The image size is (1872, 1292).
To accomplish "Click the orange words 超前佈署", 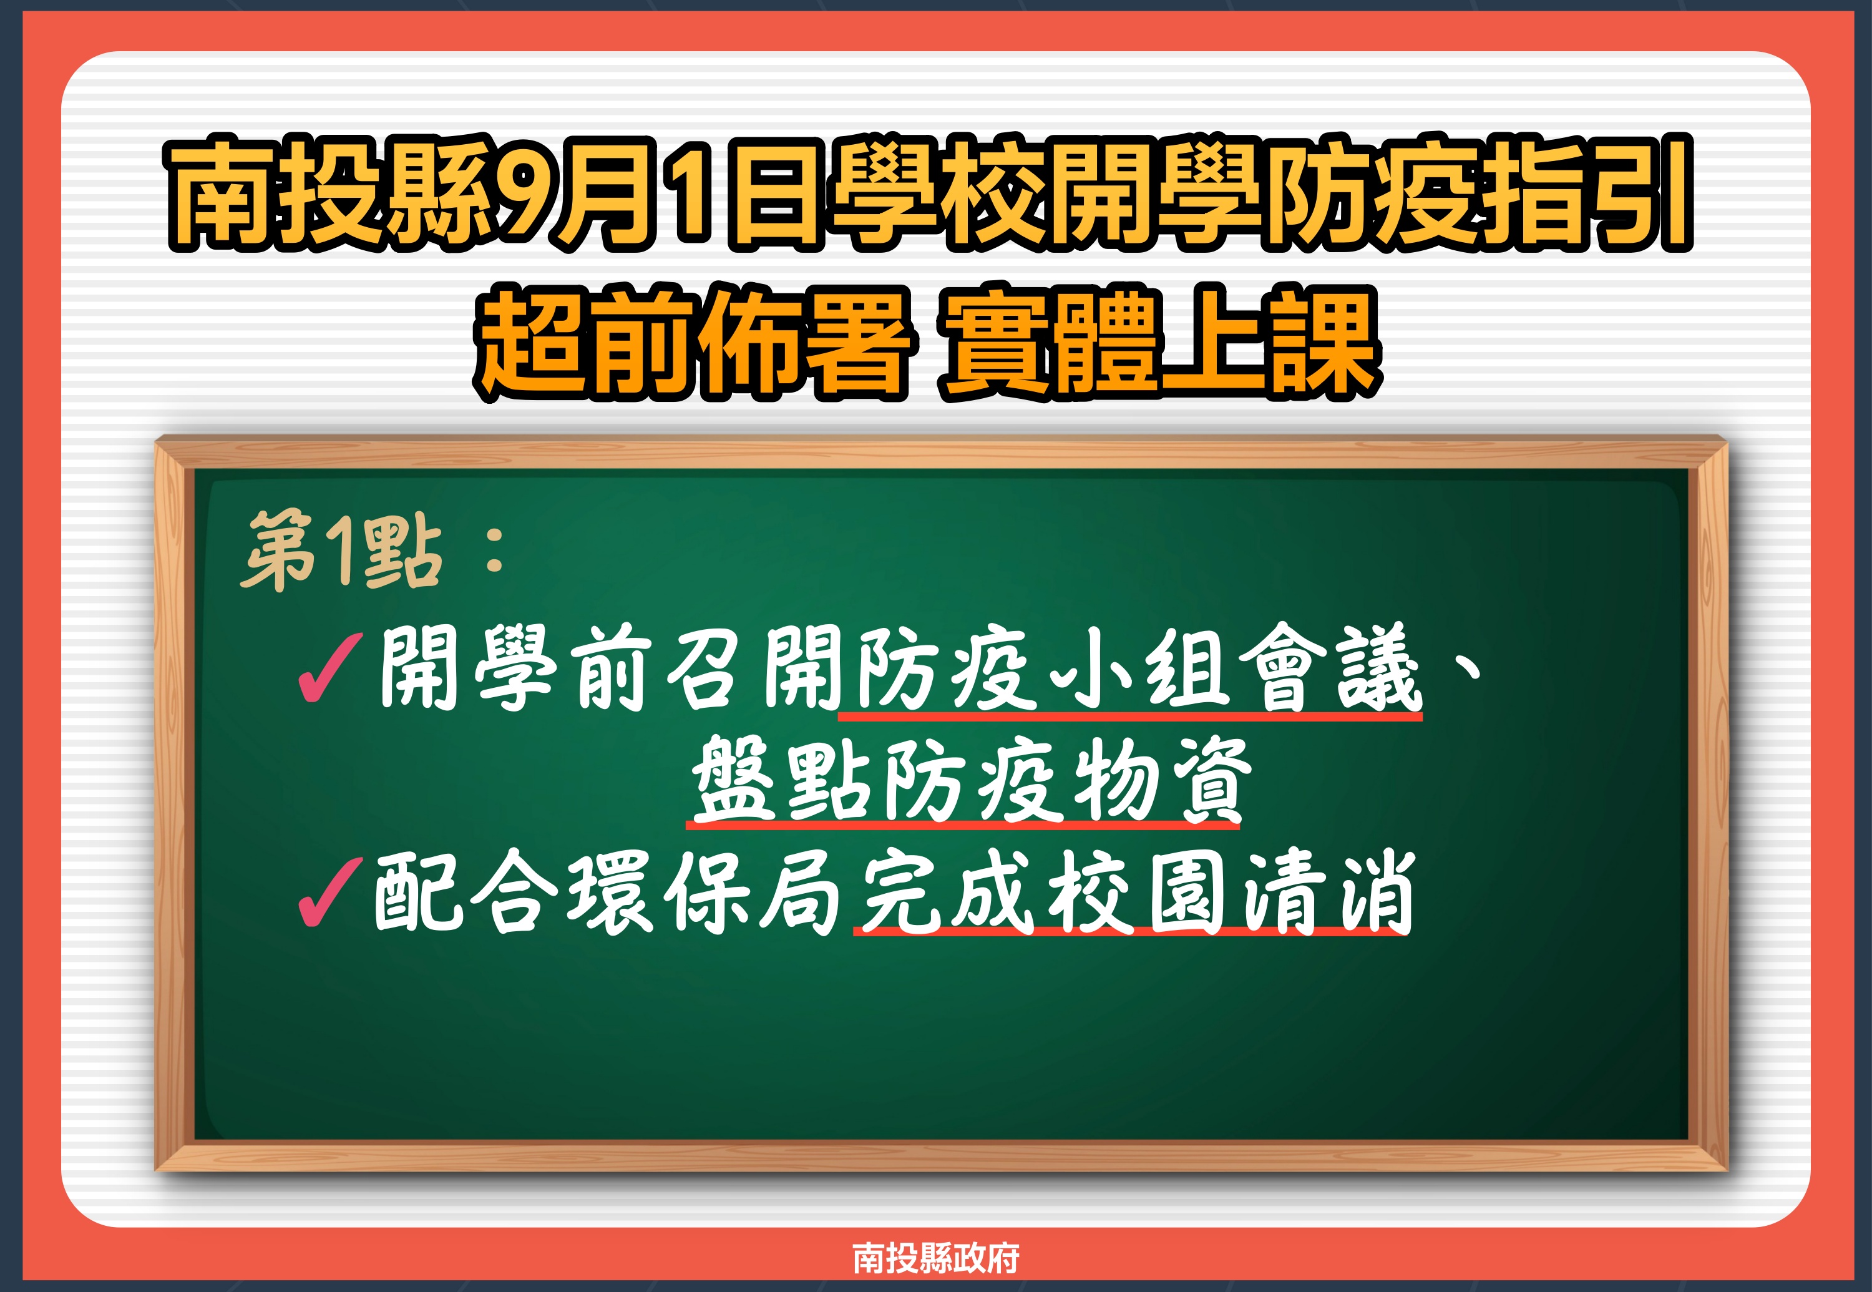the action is (x=696, y=341).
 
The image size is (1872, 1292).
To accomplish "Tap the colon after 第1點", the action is (x=495, y=551).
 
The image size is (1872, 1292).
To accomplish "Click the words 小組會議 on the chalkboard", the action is (x=1234, y=667).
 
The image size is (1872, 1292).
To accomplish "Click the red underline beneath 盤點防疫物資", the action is (x=963, y=825).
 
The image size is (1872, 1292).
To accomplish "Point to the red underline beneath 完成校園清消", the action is (x=1131, y=932).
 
